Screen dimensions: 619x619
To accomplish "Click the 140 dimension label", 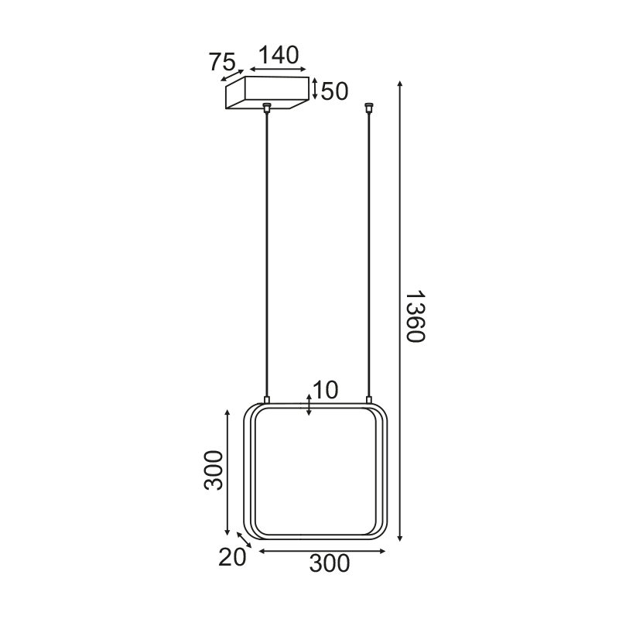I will click(x=279, y=55).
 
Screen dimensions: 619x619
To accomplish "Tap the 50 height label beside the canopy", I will click(x=334, y=91).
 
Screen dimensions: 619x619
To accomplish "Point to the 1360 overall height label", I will click(x=416, y=317).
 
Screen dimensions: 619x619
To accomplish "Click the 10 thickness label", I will click(x=326, y=391).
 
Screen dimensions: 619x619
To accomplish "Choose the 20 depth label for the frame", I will click(x=232, y=557).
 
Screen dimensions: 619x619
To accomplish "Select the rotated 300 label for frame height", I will click(x=214, y=470).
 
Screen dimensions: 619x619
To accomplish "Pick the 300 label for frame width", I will click(x=330, y=563).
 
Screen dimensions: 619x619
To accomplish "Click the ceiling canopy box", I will click(x=266, y=94).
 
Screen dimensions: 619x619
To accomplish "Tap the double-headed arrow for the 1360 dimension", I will click(x=399, y=309).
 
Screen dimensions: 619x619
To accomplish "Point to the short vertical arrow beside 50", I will click(x=314, y=88).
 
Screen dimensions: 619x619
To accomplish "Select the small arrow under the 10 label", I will click(x=309, y=405).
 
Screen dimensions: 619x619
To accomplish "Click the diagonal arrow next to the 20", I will click(x=245, y=540).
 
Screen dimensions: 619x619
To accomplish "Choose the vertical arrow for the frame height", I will click(x=227, y=472).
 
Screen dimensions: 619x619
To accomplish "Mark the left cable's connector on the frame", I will click(x=267, y=398).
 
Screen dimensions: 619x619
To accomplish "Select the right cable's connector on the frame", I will click(x=368, y=398).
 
